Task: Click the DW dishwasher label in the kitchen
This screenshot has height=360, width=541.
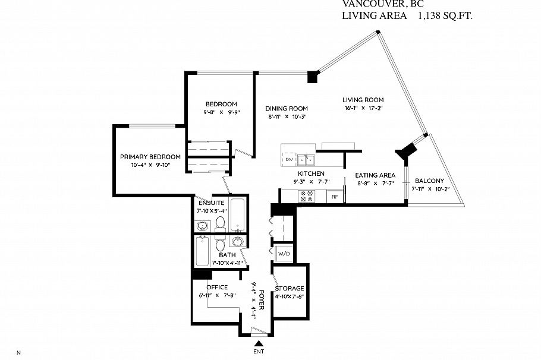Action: click(289, 159)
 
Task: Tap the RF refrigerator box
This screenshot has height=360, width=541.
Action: click(334, 196)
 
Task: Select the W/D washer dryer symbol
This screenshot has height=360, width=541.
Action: click(284, 254)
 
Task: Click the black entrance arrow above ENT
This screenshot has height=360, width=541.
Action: click(259, 343)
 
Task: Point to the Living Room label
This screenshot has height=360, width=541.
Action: click(363, 100)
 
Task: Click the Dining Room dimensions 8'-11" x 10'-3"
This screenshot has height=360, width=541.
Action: click(287, 116)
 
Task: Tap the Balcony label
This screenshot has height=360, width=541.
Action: click(430, 181)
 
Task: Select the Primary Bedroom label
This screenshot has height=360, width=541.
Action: click(150, 157)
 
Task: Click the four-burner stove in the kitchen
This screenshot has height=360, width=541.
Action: click(307, 196)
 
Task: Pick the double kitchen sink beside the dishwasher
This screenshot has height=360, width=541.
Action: click(306, 160)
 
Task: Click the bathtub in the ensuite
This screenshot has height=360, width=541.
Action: click(238, 214)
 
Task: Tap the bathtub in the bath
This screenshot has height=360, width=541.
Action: click(202, 251)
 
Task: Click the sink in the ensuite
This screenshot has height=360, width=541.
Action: click(202, 226)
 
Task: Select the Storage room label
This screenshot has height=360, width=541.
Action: click(290, 288)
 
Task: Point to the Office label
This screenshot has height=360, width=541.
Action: click(217, 288)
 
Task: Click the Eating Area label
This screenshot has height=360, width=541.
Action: click(375, 175)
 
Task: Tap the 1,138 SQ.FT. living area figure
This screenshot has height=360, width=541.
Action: click(445, 16)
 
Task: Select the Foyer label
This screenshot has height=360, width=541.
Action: click(262, 299)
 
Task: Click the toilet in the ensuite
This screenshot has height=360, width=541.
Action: click(220, 223)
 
